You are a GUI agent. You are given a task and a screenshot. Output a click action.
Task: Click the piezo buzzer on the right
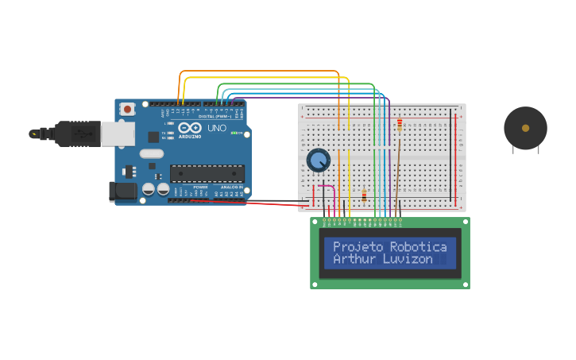525,128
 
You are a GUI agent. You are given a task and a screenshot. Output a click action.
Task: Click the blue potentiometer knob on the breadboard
318,161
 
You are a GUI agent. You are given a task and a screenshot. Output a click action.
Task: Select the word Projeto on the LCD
357,247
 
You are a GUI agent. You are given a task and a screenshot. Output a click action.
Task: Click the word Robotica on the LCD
418,247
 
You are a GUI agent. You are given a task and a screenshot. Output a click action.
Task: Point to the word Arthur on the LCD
354,259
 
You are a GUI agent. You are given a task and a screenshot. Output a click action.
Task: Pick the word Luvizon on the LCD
408,259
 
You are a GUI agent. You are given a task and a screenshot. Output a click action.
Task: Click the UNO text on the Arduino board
217,128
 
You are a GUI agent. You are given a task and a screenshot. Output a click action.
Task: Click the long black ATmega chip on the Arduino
207,173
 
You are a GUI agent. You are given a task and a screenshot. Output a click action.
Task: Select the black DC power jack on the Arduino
122,191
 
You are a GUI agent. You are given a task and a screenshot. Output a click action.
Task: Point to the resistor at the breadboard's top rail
400,124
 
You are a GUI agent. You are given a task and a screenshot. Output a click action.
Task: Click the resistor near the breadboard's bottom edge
364,196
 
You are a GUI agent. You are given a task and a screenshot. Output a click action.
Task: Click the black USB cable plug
76,134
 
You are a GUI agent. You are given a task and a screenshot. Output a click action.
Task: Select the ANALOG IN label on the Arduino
231,199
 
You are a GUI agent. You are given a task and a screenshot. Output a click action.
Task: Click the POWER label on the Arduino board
200,199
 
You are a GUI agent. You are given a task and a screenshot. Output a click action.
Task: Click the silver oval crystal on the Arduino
151,153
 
